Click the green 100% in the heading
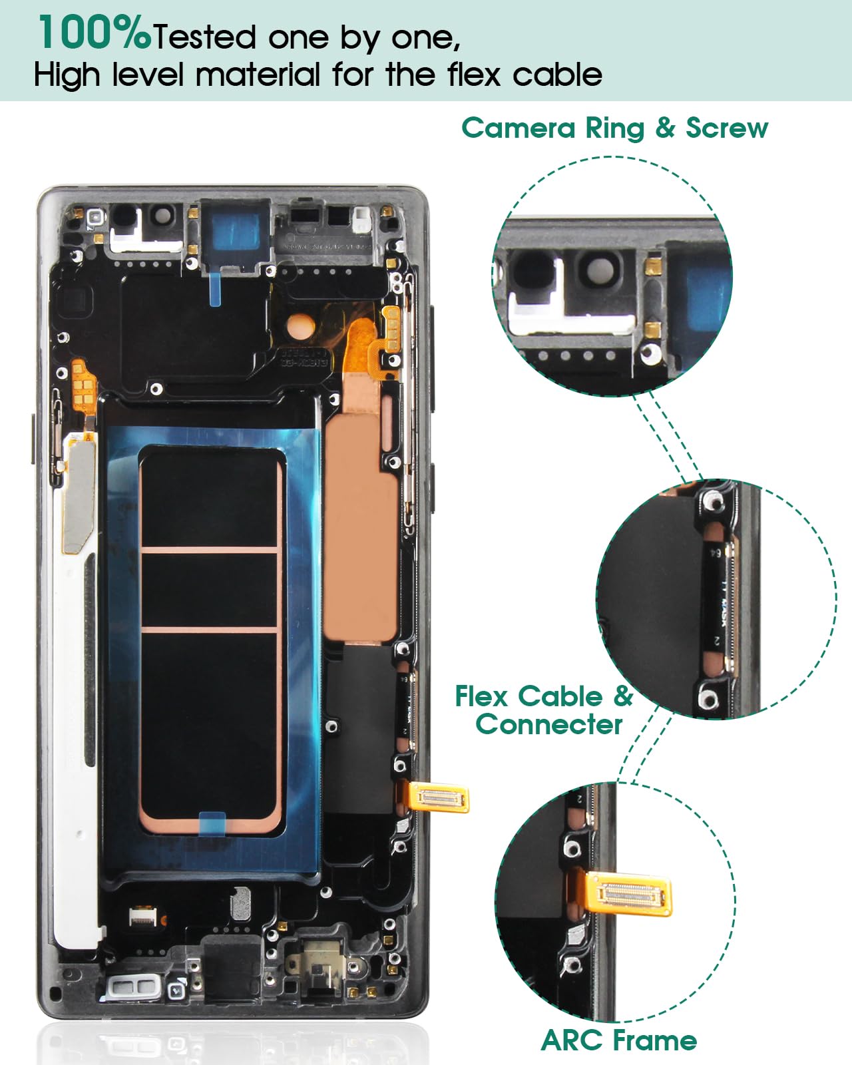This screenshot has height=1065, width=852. (x=94, y=33)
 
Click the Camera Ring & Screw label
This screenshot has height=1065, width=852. (x=614, y=128)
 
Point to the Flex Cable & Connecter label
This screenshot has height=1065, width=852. (x=544, y=710)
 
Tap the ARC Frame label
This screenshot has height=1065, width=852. (x=619, y=1040)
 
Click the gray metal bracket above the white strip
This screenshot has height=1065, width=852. (x=79, y=493)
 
